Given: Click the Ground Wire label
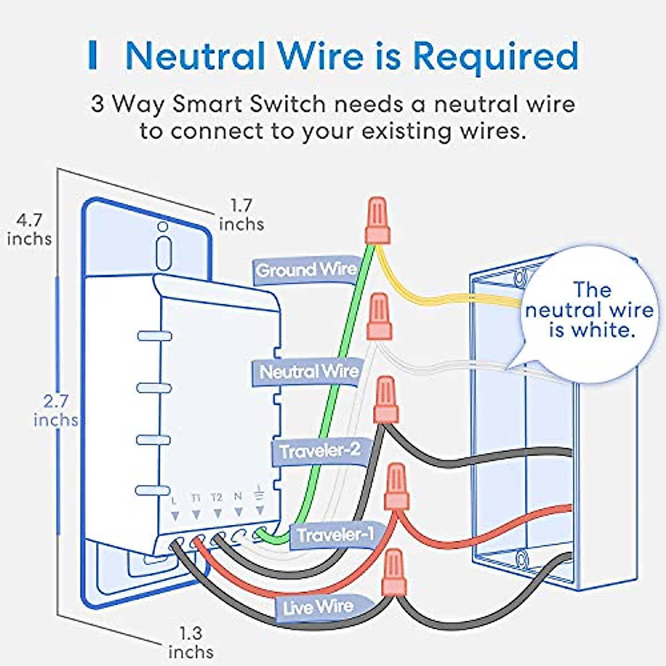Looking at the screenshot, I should click(x=306, y=270).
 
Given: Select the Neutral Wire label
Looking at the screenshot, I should click(x=309, y=371).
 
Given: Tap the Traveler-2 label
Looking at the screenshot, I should click(x=319, y=451).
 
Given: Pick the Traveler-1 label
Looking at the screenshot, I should click(x=335, y=535).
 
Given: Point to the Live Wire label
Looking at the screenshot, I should click(x=317, y=607).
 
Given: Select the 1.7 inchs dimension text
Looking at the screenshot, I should click(x=241, y=215).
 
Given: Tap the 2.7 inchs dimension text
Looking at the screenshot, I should click(x=56, y=411).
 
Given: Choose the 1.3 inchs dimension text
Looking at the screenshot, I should click(x=190, y=642).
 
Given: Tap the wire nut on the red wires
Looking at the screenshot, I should click(x=397, y=487).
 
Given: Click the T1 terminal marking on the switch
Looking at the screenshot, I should click(x=196, y=498).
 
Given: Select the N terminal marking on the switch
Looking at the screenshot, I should click(x=238, y=496).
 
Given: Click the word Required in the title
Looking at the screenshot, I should click(x=495, y=56).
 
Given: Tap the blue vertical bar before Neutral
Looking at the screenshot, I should click(x=93, y=56).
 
